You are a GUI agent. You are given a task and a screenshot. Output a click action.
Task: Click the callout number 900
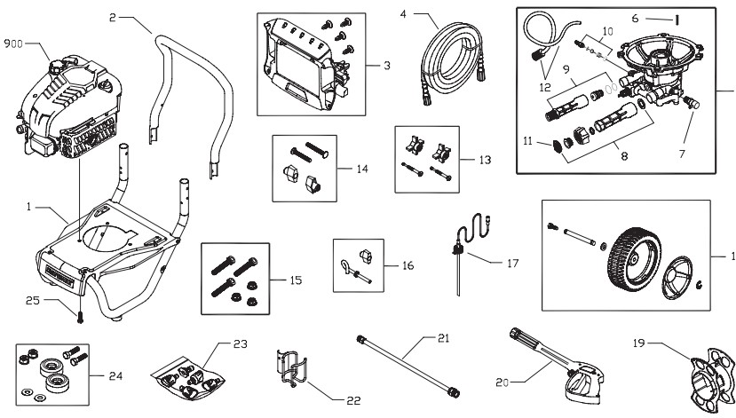tap(14, 43)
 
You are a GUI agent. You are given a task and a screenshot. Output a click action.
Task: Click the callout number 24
tap(115, 375)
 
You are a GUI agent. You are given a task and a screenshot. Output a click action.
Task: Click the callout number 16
tap(407, 264)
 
